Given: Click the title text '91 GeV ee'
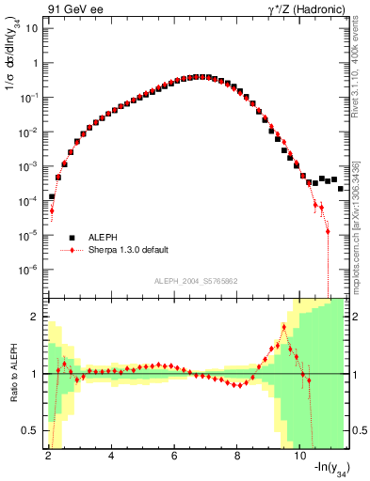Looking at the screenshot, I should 72,8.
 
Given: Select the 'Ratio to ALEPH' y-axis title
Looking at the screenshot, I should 12,374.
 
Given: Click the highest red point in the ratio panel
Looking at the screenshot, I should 283,326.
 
